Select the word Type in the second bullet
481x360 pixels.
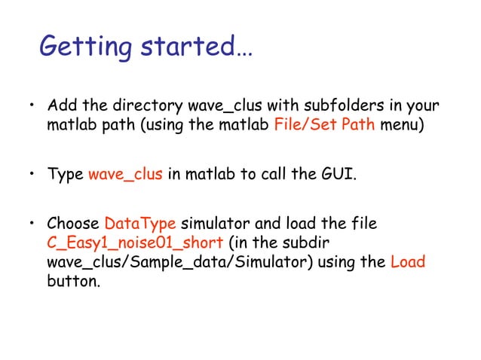click(66, 176)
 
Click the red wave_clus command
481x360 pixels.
click(125, 176)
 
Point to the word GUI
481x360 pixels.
click(339, 176)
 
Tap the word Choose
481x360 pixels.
click(73, 224)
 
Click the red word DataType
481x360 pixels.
click(140, 224)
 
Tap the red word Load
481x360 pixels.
click(408, 263)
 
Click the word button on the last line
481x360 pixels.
click(72, 282)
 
